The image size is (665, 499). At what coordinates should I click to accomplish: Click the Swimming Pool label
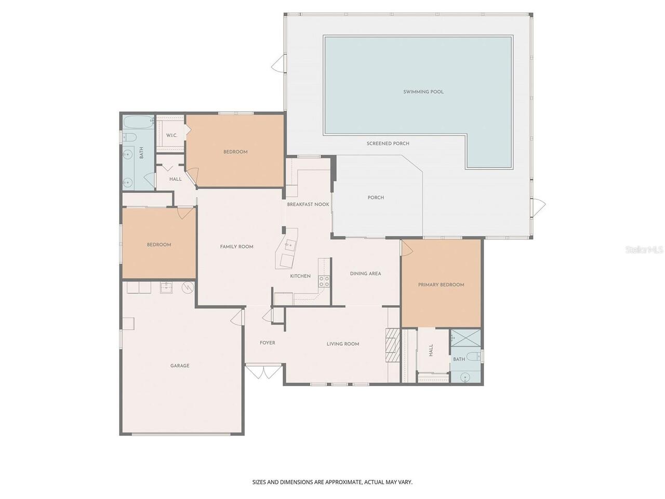[x=423, y=92]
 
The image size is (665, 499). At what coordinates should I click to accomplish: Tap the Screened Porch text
[x=388, y=143]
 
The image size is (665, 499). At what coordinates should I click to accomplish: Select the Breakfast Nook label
[x=308, y=204]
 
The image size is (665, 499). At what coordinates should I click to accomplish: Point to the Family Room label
[x=236, y=247]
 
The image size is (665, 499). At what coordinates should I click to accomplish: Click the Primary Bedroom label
[x=441, y=285]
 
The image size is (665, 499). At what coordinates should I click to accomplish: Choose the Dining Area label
[x=365, y=273]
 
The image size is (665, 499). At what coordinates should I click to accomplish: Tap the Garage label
[x=180, y=366]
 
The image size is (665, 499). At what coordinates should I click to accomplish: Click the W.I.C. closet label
[x=171, y=136]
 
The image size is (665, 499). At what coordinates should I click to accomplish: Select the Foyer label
[x=267, y=343]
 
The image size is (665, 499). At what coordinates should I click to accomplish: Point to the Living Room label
[x=343, y=344]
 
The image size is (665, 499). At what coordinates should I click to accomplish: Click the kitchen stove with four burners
[x=324, y=281]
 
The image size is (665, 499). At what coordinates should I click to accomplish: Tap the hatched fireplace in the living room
[x=393, y=345]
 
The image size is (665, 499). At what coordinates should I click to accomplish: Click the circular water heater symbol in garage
[x=188, y=287]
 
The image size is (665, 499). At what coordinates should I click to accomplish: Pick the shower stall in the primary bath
[x=465, y=338]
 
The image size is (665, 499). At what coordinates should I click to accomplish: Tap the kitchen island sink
[x=289, y=244]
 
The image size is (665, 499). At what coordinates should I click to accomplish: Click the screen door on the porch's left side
[x=278, y=63]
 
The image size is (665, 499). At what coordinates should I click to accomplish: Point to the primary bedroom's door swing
[x=407, y=248]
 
